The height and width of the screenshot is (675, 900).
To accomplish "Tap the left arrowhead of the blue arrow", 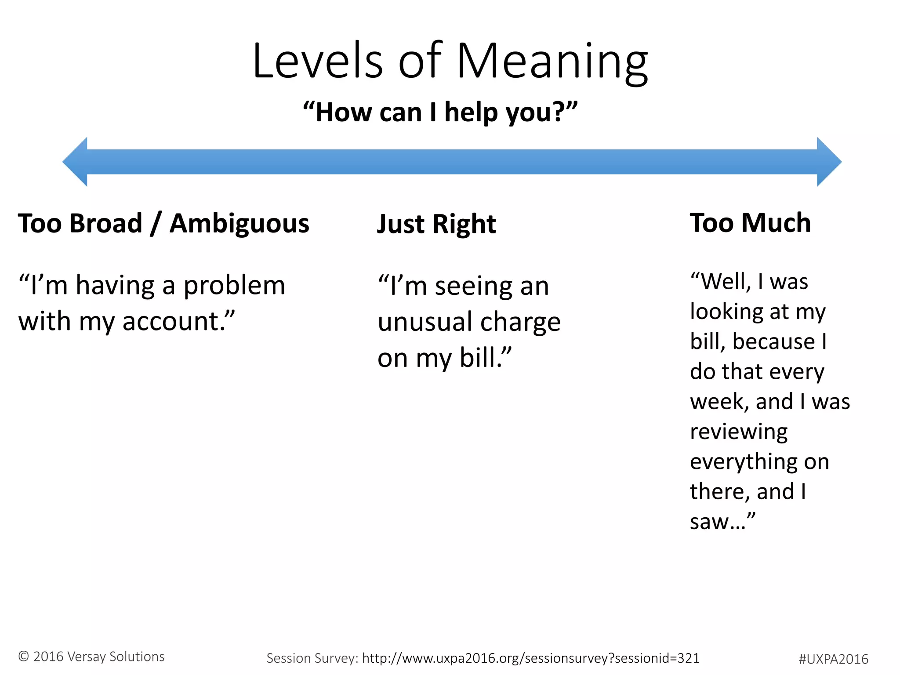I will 76,162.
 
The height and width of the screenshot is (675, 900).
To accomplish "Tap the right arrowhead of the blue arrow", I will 829,162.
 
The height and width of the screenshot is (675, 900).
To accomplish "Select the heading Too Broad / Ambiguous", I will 163,223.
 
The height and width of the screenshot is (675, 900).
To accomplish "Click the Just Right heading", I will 436,224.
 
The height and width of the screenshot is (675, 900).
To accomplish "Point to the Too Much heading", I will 750,223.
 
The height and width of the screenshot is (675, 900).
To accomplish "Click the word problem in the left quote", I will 234,286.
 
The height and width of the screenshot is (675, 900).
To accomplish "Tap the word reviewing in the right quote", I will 739,432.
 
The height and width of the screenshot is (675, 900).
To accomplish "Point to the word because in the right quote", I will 774,341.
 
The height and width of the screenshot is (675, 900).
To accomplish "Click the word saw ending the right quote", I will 708,522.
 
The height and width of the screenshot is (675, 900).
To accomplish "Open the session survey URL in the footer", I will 530,658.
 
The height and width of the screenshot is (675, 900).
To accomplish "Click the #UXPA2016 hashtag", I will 833,659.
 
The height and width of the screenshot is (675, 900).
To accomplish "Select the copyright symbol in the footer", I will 24,657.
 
